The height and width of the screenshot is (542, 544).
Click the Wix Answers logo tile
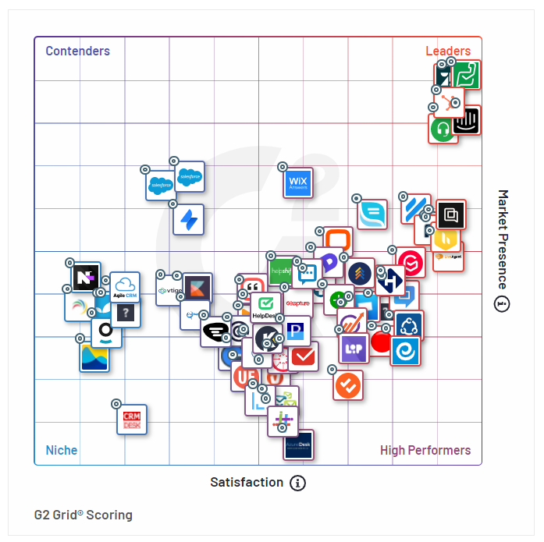pyautogui.click(x=298, y=183)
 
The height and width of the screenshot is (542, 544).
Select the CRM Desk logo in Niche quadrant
pyautogui.click(x=131, y=420)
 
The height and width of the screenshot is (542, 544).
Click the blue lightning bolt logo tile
pyautogui.click(x=188, y=220)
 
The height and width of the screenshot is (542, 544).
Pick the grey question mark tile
pyautogui.click(x=126, y=313)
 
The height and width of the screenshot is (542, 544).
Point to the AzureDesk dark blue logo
pyautogui.click(x=298, y=445)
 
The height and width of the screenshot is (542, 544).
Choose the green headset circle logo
pyautogui.click(x=443, y=129)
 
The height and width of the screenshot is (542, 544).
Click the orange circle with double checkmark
pyautogui.click(x=348, y=384)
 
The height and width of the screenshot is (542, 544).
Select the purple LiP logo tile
pyautogui.click(x=354, y=348)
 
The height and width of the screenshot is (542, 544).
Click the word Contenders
pyautogui.click(x=77, y=51)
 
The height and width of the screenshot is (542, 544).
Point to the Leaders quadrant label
pyautogui.click(x=448, y=51)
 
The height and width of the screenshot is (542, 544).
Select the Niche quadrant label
pyautogui.click(x=62, y=450)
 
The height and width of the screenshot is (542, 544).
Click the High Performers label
pyautogui.click(x=425, y=450)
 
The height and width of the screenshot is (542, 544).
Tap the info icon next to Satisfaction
pyautogui.click(x=297, y=484)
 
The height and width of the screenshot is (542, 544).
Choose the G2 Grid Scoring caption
pyautogui.click(x=84, y=515)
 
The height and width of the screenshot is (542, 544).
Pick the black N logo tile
pyautogui.click(x=86, y=277)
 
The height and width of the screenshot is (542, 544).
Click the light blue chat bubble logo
pyautogui.click(x=372, y=214)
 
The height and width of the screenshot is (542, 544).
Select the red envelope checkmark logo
pyautogui.click(x=304, y=356)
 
